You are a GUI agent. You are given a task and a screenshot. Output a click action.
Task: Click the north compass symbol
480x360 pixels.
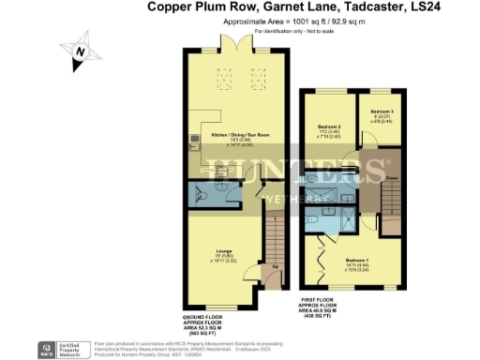tap(80, 52)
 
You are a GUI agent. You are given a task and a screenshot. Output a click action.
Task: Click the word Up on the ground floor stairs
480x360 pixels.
tap(275, 266)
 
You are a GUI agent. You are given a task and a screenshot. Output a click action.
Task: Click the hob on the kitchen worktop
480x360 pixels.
tap(194, 141)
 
